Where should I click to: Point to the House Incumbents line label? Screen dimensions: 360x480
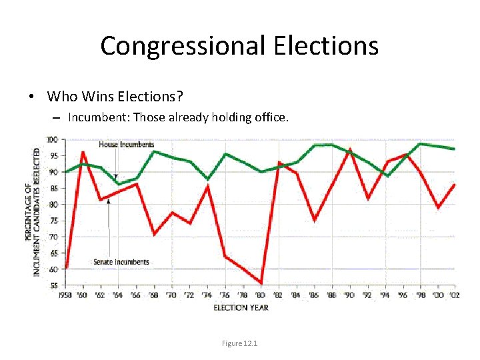point(126,145)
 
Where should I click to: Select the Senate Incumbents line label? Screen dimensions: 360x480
point(121,262)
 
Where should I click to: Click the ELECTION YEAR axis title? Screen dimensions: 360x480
point(241,307)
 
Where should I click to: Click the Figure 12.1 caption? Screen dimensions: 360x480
point(240,343)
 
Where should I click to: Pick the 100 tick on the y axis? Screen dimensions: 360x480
point(52,139)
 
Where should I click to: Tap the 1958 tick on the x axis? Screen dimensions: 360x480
point(66,295)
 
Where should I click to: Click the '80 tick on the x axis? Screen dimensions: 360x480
point(261,295)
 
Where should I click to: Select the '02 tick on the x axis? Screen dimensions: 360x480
point(454,295)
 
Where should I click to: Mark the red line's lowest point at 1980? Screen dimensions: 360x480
point(261,283)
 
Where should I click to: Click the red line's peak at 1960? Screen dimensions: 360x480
point(83,153)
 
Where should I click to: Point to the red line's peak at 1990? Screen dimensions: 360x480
point(350,149)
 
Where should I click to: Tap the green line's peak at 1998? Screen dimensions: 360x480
point(420,144)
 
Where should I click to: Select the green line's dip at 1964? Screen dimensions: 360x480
point(119,184)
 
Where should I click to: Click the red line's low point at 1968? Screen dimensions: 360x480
point(154,234)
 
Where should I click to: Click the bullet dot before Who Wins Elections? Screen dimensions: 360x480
point(32,97)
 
